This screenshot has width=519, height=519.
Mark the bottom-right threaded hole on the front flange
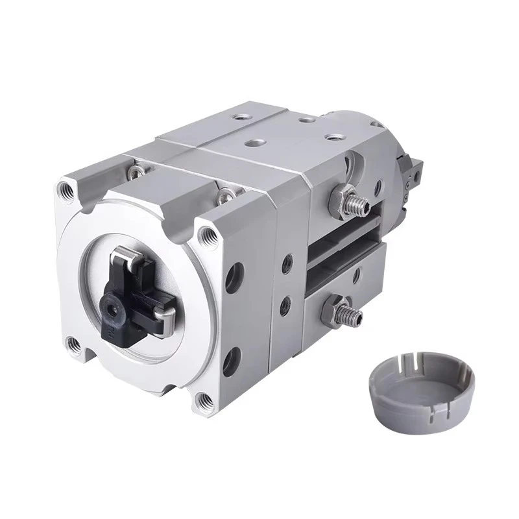click(x=206, y=398)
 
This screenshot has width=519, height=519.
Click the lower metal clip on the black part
click(x=166, y=314)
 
